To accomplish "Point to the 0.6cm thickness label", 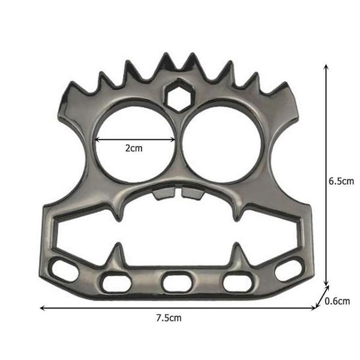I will [x=337, y=301].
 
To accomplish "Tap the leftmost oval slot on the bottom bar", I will [x=64, y=270].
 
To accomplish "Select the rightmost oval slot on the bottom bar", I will [x=290, y=270].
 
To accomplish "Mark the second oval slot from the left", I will [x=115, y=281].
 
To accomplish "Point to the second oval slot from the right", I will [x=238, y=281].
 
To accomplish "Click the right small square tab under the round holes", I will [x=193, y=194].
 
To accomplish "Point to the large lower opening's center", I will [x=177, y=231].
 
